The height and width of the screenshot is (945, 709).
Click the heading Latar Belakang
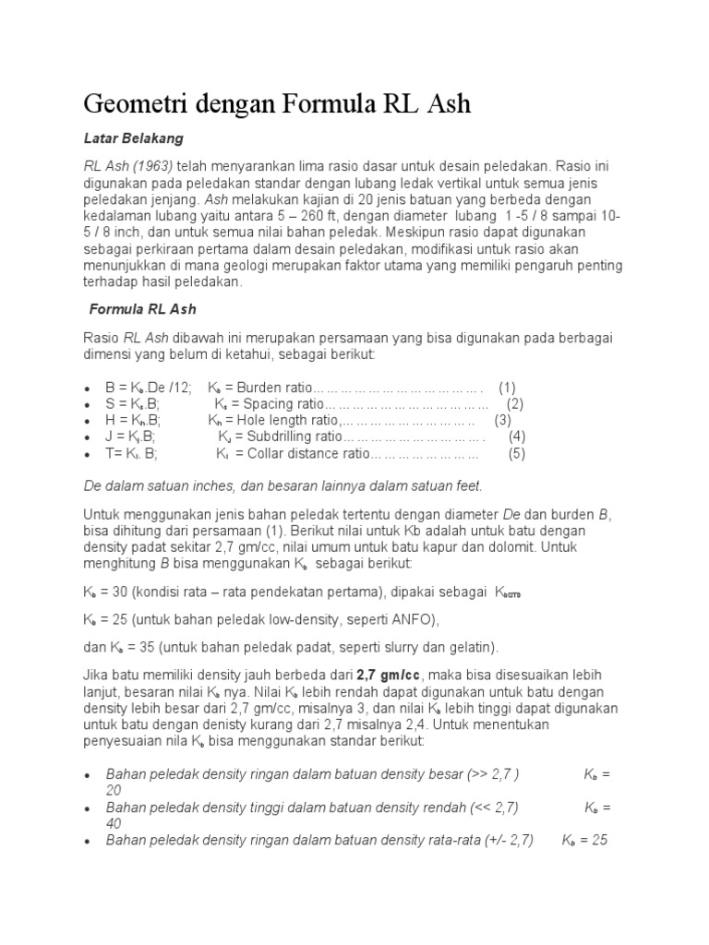click(x=134, y=138)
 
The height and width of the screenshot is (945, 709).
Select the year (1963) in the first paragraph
click(x=154, y=166)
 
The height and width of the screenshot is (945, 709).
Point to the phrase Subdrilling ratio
click(x=295, y=437)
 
